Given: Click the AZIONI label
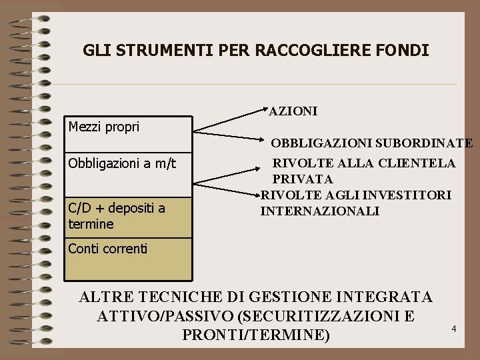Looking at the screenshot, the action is (x=293, y=111).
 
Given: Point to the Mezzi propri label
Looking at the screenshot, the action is (x=104, y=126).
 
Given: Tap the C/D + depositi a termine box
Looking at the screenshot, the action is (x=127, y=216).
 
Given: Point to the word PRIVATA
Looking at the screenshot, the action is (x=303, y=179).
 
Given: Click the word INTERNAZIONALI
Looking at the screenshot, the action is (x=319, y=211).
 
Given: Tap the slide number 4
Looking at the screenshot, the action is (x=453, y=329).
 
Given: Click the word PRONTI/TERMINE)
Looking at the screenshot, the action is (x=256, y=335).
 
